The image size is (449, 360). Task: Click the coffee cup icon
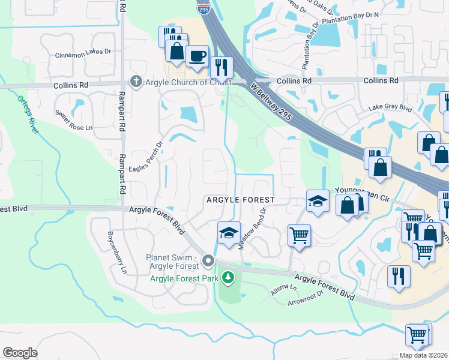coord(197,56)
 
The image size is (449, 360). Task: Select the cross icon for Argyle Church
coord(136,82)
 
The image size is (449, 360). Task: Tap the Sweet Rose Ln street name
coord(74,128)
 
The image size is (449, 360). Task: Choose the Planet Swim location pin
coord(208,260)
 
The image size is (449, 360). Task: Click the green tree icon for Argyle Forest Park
coord(228,277)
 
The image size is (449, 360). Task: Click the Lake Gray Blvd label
coord(390,108)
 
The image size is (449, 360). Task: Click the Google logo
coord(20,353)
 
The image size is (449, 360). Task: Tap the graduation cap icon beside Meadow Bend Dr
coord(228,233)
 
